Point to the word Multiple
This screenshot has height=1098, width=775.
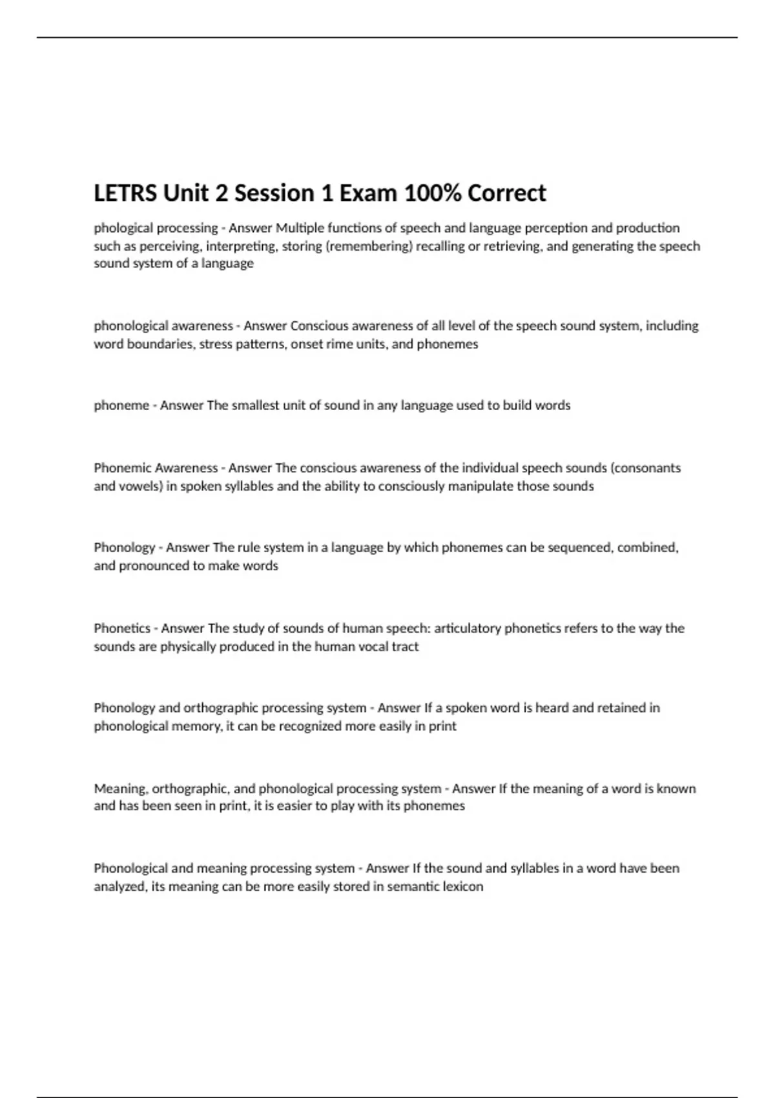[x=300, y=228]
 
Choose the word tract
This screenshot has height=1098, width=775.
[x=405, y=646]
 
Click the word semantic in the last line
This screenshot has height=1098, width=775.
[x=415, y=886]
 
